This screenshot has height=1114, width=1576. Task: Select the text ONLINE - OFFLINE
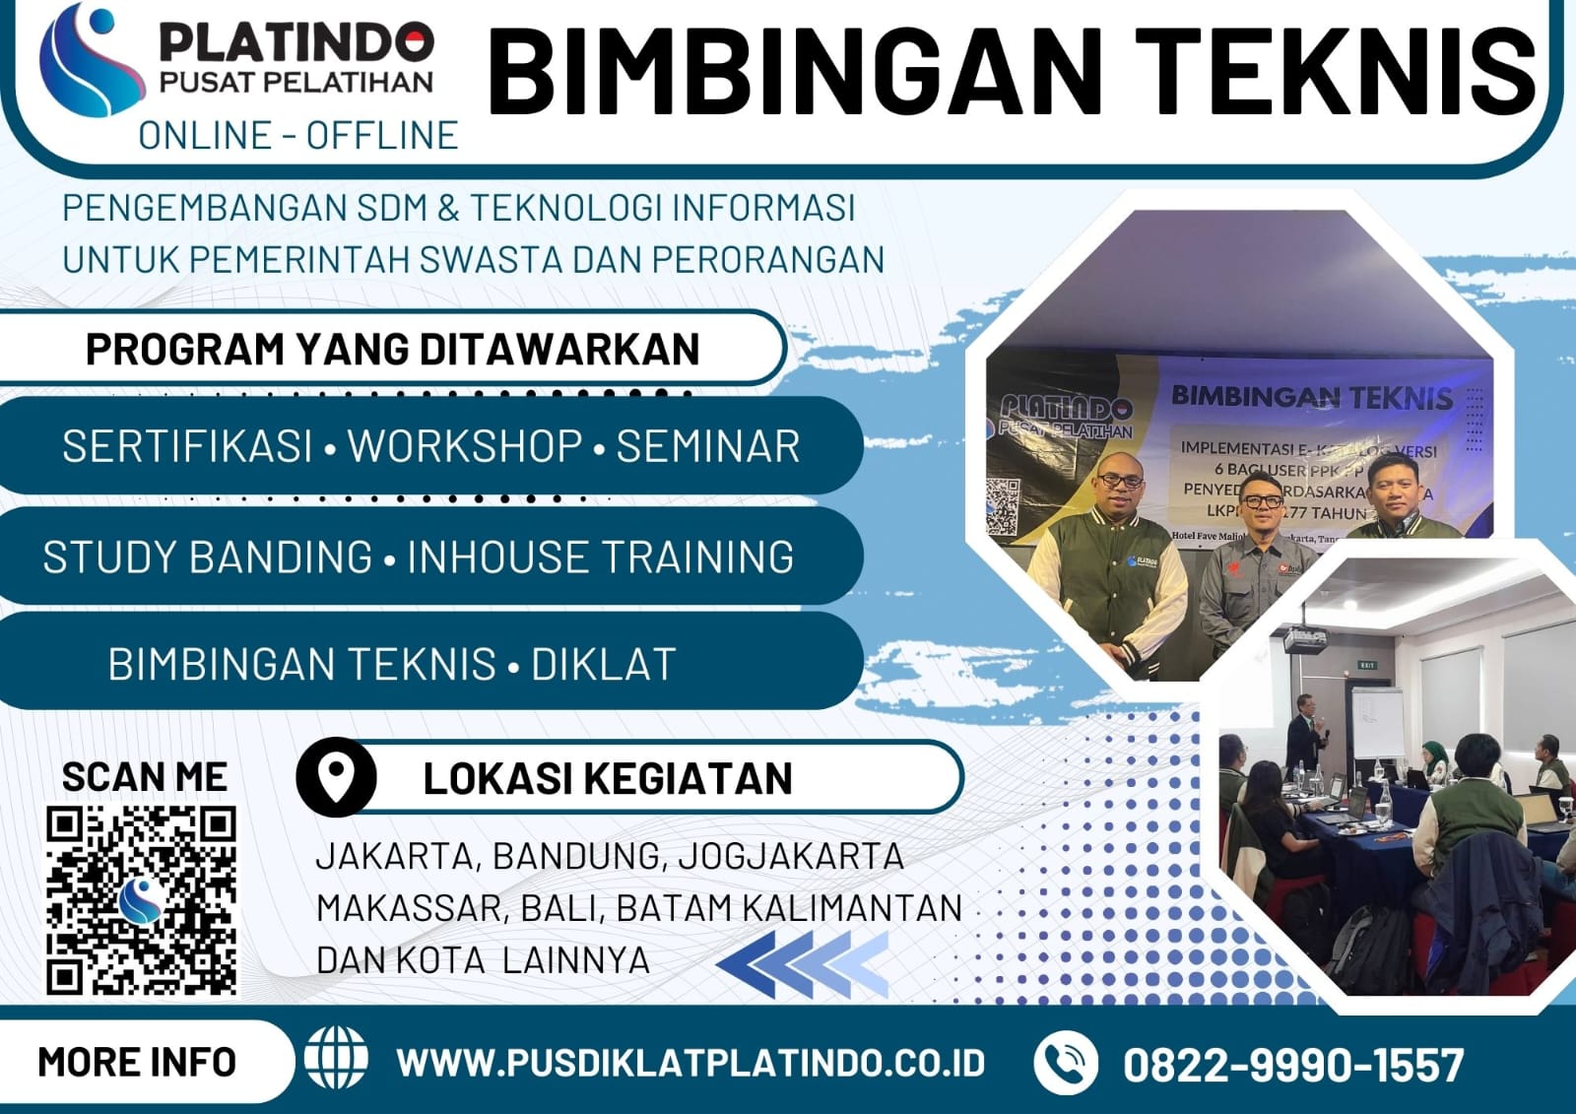click(297, 136)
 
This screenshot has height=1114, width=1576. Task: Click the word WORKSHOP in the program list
click(465, 446)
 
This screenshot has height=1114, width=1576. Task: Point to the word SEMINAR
click(708, 446)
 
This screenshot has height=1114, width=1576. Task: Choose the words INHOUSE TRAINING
click(601, 557)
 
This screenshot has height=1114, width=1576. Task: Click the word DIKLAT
click(604, 665)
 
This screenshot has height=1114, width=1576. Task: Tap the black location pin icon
click(337, 777)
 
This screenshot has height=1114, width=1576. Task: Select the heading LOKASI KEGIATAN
click(607, 779)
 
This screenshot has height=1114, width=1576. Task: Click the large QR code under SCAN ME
click(141, 900)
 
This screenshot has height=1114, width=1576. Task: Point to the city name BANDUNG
click(575, 856)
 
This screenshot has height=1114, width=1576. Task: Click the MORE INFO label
click(137, 1063)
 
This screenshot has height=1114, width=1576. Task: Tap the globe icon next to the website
click(336, 1059)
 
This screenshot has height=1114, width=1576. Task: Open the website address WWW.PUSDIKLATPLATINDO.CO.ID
click(690, 1063)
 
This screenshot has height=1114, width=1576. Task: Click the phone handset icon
click(1065, 1063)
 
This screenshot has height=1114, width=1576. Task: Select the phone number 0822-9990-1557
click(1293, 1065)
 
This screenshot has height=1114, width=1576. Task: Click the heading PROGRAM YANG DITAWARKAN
click(392, 350)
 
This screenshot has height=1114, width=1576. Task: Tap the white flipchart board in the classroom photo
click(1377, 724)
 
